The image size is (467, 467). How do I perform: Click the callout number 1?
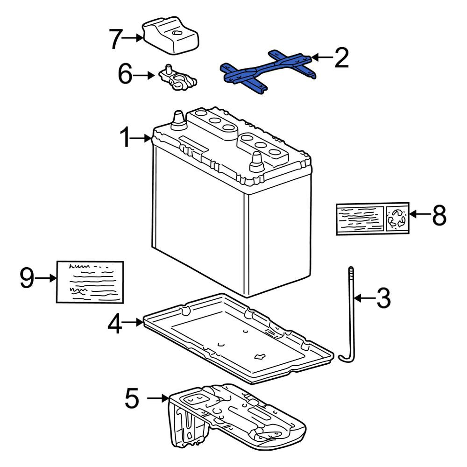125,137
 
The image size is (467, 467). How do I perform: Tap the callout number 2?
341,57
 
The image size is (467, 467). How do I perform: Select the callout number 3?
383,297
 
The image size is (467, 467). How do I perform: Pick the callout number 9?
27,277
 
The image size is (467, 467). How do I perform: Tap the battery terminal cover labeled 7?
170,35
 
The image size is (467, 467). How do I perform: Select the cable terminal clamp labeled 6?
177,78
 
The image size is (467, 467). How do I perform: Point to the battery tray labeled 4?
238,339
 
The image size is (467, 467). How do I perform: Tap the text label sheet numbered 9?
90,282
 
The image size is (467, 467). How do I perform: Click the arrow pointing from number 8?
420,214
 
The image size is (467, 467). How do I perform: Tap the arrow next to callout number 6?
144,76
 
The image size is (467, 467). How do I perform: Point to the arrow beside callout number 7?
133,38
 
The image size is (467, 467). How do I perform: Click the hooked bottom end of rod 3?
346,358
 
